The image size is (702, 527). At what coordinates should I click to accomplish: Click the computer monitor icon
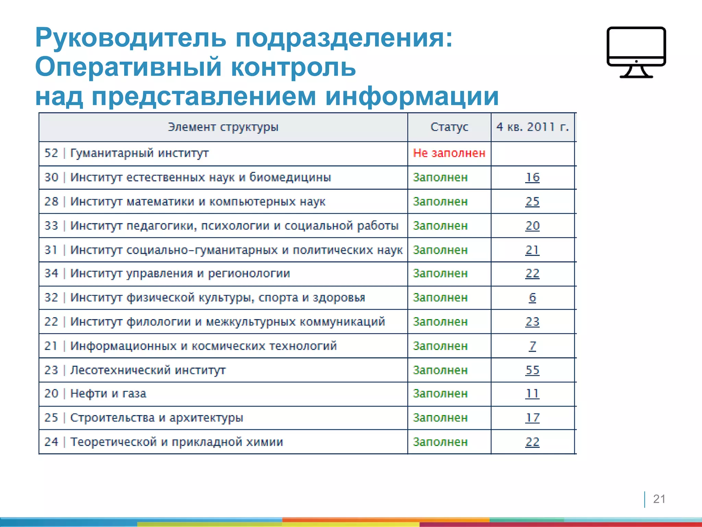[x=636, y=51]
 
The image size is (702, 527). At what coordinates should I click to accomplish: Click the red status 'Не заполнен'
[x=449, y=153]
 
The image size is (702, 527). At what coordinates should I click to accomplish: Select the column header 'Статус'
[x=449, y=127]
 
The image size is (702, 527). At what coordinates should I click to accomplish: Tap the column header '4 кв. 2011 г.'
[x=532, y=127]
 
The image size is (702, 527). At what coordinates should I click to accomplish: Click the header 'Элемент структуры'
[x=223, y=127]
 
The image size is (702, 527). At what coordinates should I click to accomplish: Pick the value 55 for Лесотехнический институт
[x=532, y=370]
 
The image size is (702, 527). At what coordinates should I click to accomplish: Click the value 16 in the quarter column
[x=532, y=177]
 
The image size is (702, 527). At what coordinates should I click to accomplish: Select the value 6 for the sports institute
[x=532, y=297]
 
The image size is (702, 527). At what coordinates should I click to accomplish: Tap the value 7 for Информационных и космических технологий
[x=532, y=346]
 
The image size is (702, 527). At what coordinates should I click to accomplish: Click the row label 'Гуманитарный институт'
[x=139, y=153]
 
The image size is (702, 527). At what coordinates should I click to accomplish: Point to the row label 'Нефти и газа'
[x=108, y=394]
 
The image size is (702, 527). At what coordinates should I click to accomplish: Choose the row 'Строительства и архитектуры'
[x=156, y=418]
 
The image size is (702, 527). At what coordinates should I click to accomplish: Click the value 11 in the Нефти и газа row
[x=532, y=394]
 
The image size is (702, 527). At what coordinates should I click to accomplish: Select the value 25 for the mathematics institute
[x=532, y=201]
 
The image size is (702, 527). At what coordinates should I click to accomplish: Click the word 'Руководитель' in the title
[x=131, y=38]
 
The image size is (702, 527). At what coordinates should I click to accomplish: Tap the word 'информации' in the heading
[x=412, y=96]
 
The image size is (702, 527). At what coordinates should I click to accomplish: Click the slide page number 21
[x=659, y=499]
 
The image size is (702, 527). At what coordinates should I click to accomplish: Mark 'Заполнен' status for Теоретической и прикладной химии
[x=440, y=442]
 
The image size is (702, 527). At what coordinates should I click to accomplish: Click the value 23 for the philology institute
[x=532, y=322]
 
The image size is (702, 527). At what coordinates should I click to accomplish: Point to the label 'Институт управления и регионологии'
[x=180, y=273]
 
